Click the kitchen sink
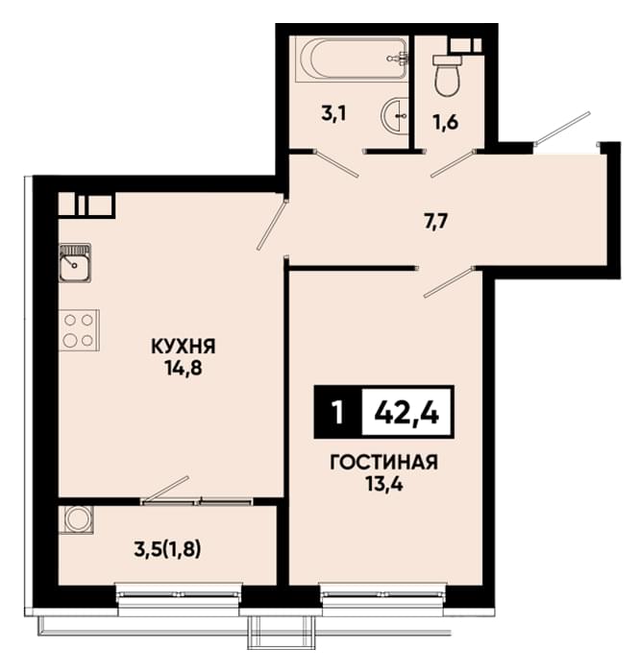click(75, 263)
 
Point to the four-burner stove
click(79, 330)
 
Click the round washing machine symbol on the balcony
click(76, 520)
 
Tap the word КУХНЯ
click(184, 347)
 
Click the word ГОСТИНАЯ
click(384, 463)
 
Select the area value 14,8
click(183, 368)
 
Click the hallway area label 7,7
click(435, 222)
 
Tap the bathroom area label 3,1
click(333, 114)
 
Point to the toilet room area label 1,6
click(446, 123)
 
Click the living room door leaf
click(449, 281)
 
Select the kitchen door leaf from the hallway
click(271, 224)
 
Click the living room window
click(384, 594)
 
